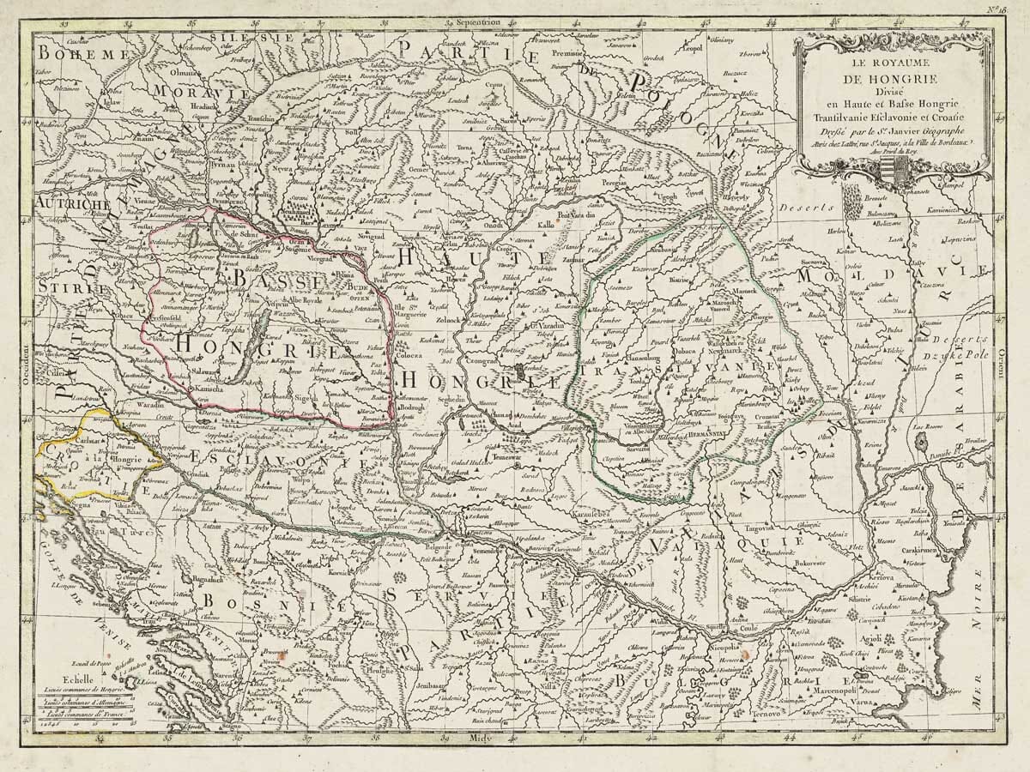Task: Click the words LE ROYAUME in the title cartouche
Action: tap(892, 63)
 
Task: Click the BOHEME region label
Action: tap(76, 55)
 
